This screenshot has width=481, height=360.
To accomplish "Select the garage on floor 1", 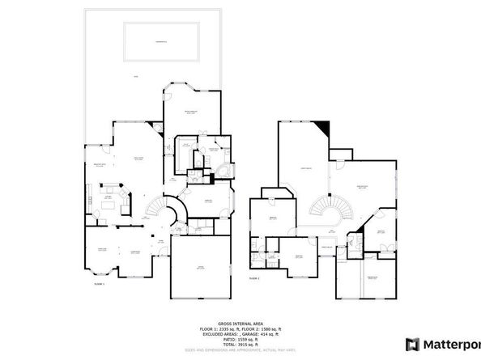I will click(x=199, y=266).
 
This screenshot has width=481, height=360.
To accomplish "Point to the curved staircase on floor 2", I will click(x=330, y=213).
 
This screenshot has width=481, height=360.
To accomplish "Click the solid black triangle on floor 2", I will click(x=324, y=128).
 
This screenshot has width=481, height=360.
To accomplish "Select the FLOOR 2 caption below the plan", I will click(x=253, y=277).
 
